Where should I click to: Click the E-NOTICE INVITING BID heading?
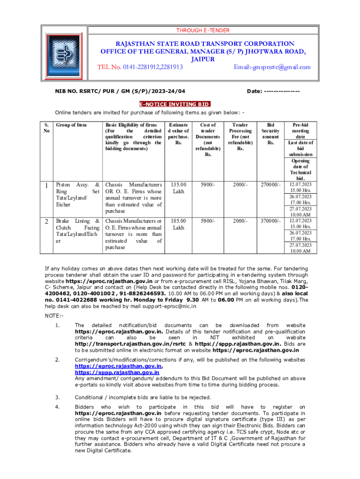point(175,104)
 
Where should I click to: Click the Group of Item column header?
point(71,125)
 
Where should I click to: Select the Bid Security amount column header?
point(270,131)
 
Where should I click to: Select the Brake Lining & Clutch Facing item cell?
point(78,231)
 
